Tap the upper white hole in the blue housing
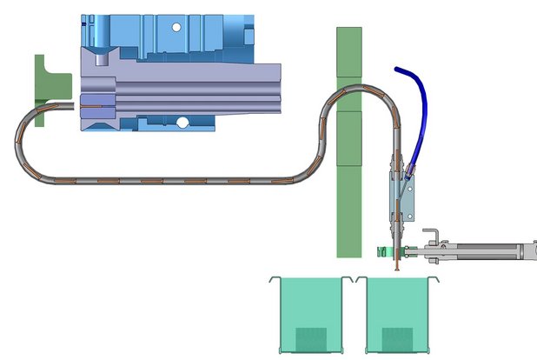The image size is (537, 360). (x=177, y=28)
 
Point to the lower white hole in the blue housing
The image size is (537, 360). (x=183, y=122)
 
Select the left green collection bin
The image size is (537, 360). (x=310, y=313)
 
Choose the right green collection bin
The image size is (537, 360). (x=399, y=313)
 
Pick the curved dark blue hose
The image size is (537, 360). (x=415, y=104)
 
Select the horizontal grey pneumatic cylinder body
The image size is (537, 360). (x=487, y=252)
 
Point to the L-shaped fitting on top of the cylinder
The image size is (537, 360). (x=432, y=236)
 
